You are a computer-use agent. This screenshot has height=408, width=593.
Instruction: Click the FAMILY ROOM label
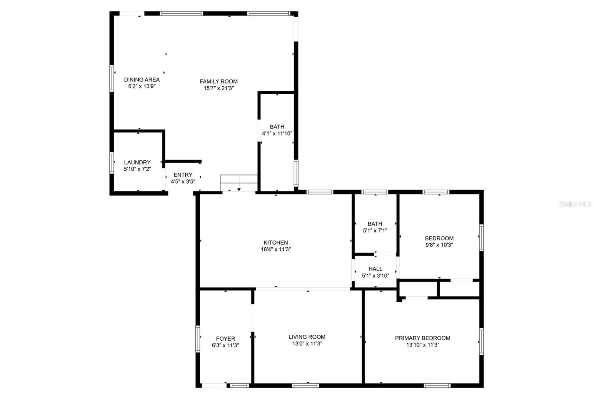coord(218,81)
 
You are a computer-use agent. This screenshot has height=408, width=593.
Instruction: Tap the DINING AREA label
coord(142,80)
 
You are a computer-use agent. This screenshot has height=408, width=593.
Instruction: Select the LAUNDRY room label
coord(137,162)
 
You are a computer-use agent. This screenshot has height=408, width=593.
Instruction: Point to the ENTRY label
coord(183,175)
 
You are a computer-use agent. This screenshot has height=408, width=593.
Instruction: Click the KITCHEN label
coord(275,243)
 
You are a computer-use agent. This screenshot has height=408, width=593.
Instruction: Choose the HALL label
coord(375,269)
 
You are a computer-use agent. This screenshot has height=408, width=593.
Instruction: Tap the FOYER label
coord(225,338)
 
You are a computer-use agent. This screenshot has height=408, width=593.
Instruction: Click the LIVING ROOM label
coord(307,337)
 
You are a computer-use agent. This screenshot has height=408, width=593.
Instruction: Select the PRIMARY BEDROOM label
coord(423,338)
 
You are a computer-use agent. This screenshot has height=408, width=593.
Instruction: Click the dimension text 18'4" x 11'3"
coord(275,250)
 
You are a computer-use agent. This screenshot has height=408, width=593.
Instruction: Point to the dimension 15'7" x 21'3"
coord(218,88)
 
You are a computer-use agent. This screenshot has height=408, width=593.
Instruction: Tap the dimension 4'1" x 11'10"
coord(277,134)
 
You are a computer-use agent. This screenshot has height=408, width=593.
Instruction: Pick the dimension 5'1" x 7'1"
coord(375,230)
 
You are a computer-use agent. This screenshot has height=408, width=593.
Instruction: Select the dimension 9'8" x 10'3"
coord(439,245)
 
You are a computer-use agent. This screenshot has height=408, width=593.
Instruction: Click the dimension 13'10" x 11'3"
coord(423,345)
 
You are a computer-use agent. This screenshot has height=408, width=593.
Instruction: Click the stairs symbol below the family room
coord(239,183)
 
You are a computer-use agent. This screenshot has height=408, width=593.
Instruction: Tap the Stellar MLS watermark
coord(575,204)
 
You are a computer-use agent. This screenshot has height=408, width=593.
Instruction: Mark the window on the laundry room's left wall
coord(111,163)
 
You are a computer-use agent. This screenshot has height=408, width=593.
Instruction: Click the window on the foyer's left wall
coord(198,338)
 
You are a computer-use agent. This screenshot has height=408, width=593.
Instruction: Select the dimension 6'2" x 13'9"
coord(142,86)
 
